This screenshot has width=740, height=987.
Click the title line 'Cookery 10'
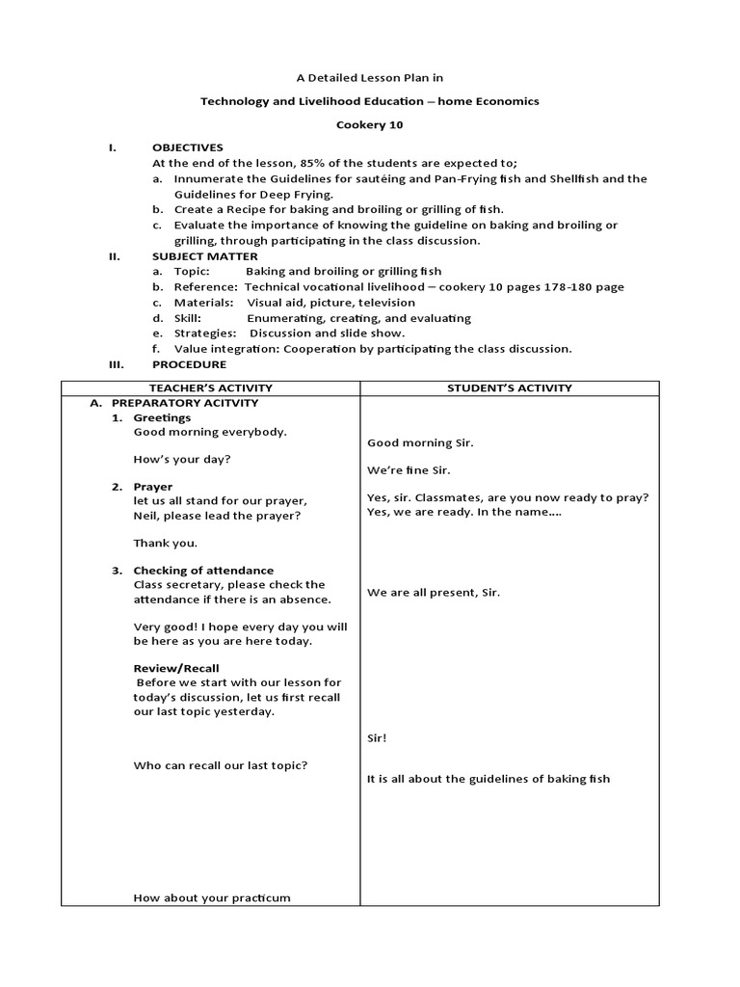click(370, 124)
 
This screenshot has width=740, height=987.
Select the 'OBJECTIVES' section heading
click(187, 147)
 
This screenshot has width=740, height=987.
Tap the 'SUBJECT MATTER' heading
click(204, 256)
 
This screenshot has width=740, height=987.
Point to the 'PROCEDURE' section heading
click(189, 364)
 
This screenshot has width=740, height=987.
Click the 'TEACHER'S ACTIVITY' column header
click(210, 388)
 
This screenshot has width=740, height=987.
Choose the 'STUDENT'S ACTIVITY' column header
click(509, 388)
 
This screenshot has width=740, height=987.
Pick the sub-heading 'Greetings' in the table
click(162, 418)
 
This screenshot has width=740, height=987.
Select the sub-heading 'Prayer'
click(152, 487)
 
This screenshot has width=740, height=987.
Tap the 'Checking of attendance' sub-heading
click(202, 571)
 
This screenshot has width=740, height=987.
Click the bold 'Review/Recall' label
click(175, 668)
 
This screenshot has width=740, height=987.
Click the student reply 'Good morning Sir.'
click(420, 443)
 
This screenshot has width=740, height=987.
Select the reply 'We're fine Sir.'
click(409, 470)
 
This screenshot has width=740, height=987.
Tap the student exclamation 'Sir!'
click(377, 738)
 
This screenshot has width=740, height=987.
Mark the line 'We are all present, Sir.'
click(433, 593)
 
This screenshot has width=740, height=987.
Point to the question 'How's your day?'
click(181, 459)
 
